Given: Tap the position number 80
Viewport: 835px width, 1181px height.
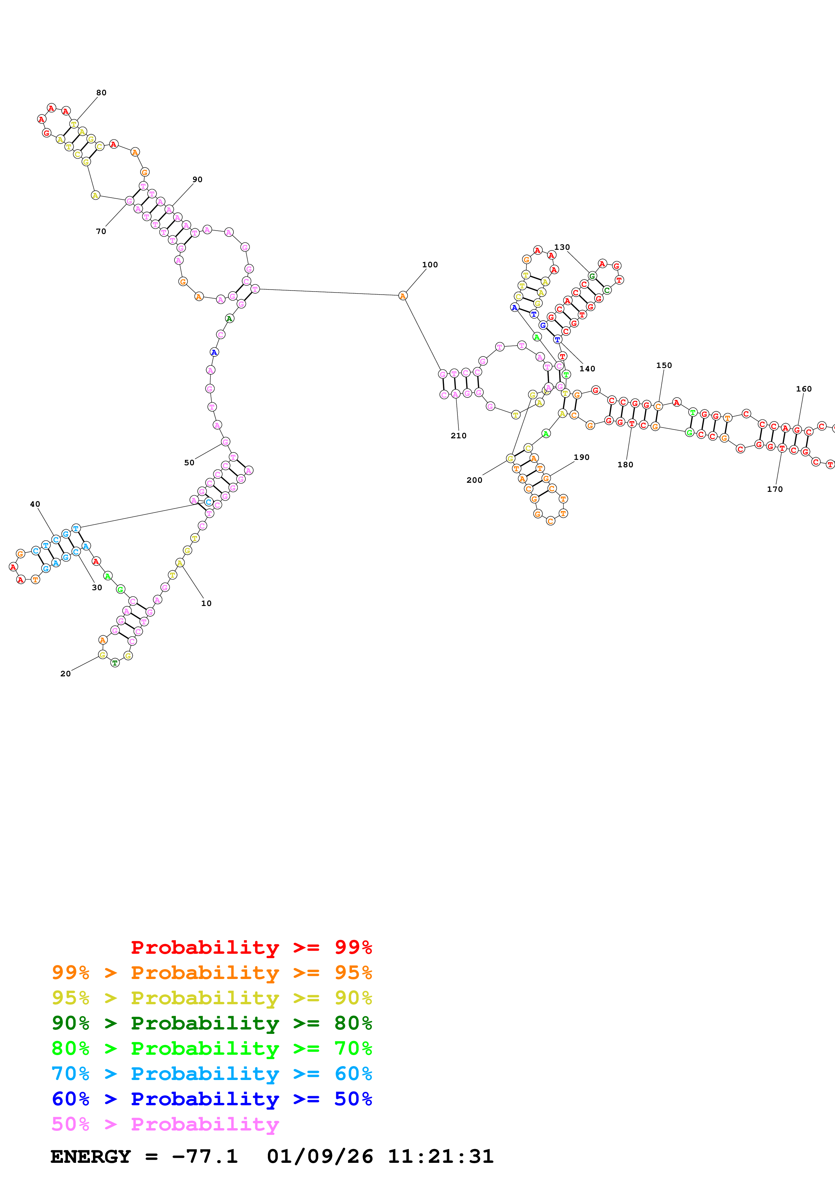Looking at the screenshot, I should pos(101,93).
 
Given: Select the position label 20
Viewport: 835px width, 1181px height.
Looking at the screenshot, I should pos(65,674).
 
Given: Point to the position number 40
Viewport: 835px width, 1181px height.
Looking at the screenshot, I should pos(35,504).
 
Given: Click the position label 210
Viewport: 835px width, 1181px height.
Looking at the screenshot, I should pos(458,436).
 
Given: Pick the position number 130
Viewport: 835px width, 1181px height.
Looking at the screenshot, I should pos(562,247).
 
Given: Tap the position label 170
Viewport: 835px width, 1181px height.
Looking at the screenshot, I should pos(775,489).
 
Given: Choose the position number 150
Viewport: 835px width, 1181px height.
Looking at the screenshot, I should pos(664,365).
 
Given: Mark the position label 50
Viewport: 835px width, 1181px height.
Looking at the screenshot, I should pos(189,463).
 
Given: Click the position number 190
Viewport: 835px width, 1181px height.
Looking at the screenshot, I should pos(581,457).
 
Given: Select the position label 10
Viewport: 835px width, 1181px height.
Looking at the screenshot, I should pos(206,603).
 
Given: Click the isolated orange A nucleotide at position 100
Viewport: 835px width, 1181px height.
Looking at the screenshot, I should pos(403,296).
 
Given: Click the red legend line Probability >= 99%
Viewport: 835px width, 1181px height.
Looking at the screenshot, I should pos(251,947).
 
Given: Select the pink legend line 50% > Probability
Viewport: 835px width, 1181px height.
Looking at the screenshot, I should pos(165,1124).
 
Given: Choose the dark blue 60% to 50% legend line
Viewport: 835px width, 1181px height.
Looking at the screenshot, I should pos(212,1099).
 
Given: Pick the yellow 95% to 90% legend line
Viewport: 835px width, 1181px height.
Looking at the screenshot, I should pos(212,998).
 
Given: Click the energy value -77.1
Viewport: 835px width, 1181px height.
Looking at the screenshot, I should pos(205,1156).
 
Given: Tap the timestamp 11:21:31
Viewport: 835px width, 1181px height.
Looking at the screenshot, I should pos(440,1156).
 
